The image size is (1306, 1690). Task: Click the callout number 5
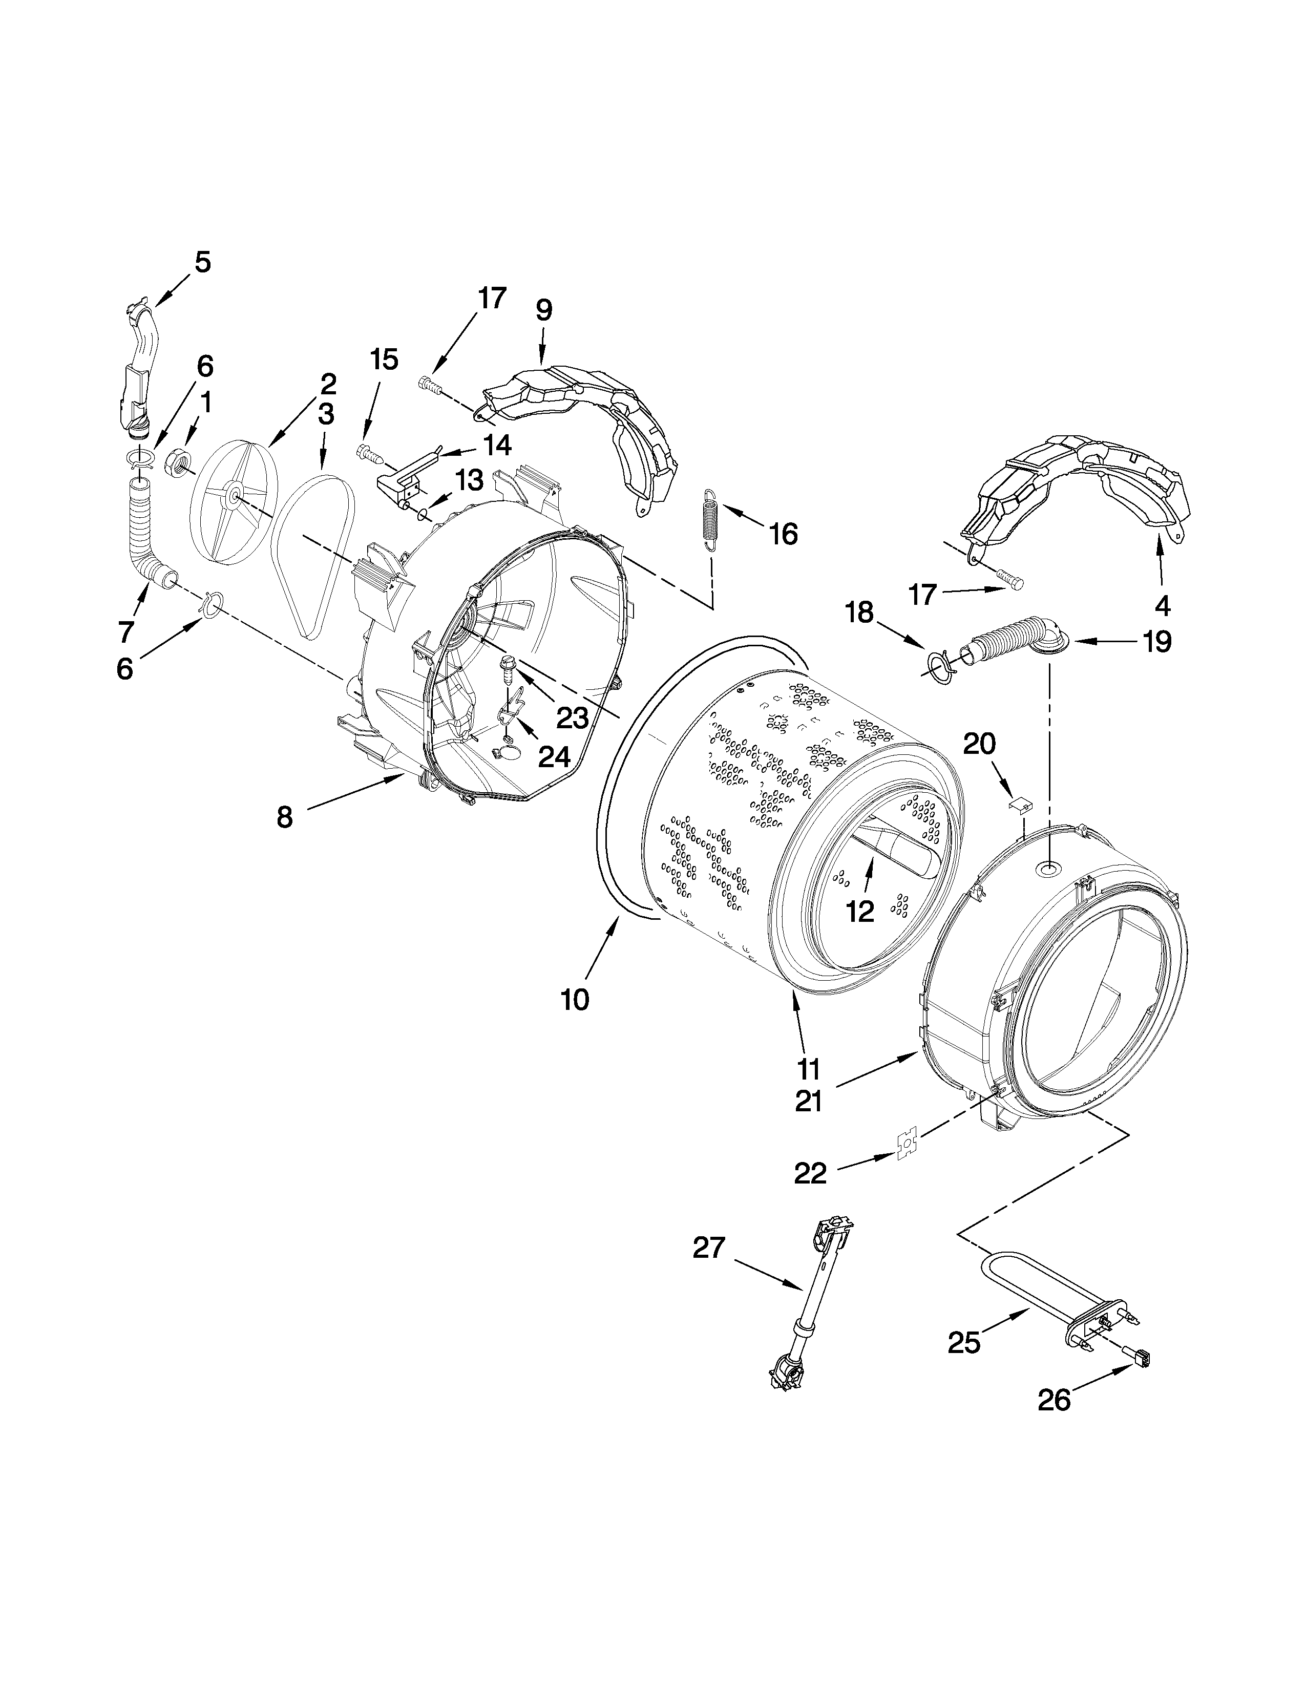click(x=202, y=262)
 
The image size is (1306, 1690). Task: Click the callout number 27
click(x=709, y=1248)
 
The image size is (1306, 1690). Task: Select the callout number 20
click(x=979, y=744)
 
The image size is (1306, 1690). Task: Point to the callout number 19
click(x=1156, y=642)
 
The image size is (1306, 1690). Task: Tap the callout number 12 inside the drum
click(x=859, y=912)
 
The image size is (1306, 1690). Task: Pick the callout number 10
click(x=575, y=999)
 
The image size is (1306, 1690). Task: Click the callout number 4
click(x=1162, y=606)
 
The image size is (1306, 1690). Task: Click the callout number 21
click(x=809, y=1101)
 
